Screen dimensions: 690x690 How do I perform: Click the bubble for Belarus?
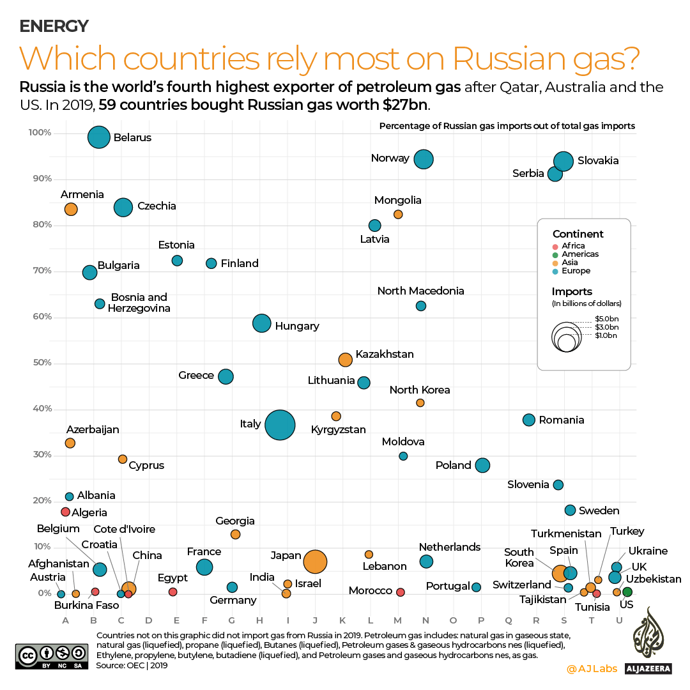coord(98,137)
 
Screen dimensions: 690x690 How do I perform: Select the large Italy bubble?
coord(280,425)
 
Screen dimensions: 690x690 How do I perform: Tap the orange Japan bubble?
coord(315,562)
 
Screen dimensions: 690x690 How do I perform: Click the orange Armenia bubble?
coord(71,209)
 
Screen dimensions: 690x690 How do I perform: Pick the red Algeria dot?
coord(65,512)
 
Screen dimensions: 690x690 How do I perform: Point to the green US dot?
coord(627,592)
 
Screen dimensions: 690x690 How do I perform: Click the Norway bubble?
coord(423,159)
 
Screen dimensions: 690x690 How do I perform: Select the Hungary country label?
coord(296,326)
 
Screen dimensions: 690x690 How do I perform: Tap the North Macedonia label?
coord(420,291)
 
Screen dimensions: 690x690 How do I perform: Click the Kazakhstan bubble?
coord(345,360)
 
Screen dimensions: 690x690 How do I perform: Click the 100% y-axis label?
coord(40,133)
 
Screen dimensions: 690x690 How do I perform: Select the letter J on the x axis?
coord(315,620)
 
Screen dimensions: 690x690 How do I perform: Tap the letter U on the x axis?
coord(619,620)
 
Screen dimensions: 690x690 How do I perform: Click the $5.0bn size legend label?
coord(606,318)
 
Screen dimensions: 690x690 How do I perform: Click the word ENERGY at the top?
coord(54,26)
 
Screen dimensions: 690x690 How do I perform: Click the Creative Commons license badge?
coord(51,655)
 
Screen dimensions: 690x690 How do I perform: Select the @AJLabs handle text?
coord(592,669)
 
